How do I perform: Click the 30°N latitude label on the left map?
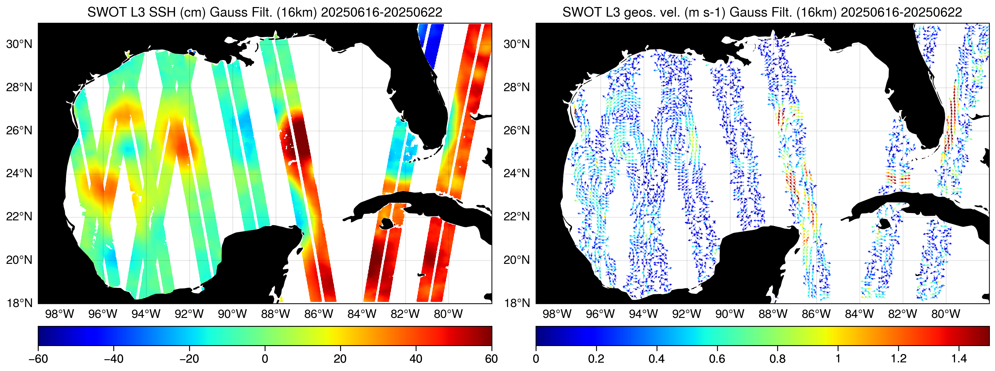19,44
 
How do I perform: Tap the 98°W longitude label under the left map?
59,314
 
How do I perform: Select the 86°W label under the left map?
318,314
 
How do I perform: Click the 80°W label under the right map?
945,314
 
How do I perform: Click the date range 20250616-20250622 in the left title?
381,12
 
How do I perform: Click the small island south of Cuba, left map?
386,223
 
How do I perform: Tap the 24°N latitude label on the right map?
516,173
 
